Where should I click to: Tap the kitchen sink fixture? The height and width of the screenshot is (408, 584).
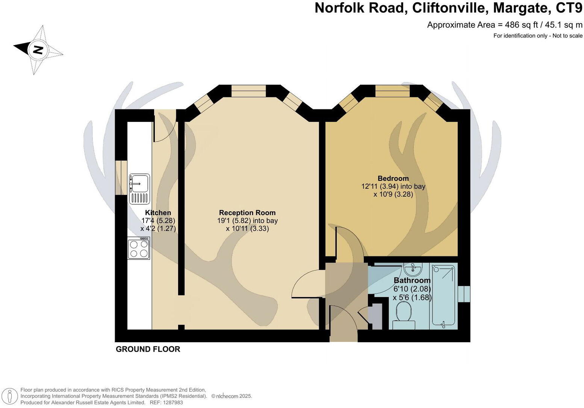[139, 188]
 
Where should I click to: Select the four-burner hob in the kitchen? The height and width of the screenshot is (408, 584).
[139, 248]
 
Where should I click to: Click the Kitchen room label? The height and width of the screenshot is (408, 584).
[158, 213]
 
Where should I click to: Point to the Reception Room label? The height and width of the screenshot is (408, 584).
[247, 213]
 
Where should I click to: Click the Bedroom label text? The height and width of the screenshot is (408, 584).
[393, 179]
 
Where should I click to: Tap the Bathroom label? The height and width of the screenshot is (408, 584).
[412, 281]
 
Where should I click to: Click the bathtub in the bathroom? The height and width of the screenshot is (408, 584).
[443, 295]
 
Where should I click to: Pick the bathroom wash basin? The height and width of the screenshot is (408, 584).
[413, 268]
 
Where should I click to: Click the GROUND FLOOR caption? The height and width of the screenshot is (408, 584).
[148, 349]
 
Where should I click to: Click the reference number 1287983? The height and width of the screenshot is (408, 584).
[171, 402]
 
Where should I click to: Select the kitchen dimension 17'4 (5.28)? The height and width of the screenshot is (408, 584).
[158, 221]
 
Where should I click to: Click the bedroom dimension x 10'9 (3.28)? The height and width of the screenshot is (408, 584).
[393, 194]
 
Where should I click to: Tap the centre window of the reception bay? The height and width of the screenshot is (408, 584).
[248, 91]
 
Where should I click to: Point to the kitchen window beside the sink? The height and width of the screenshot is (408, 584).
[121, 178]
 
